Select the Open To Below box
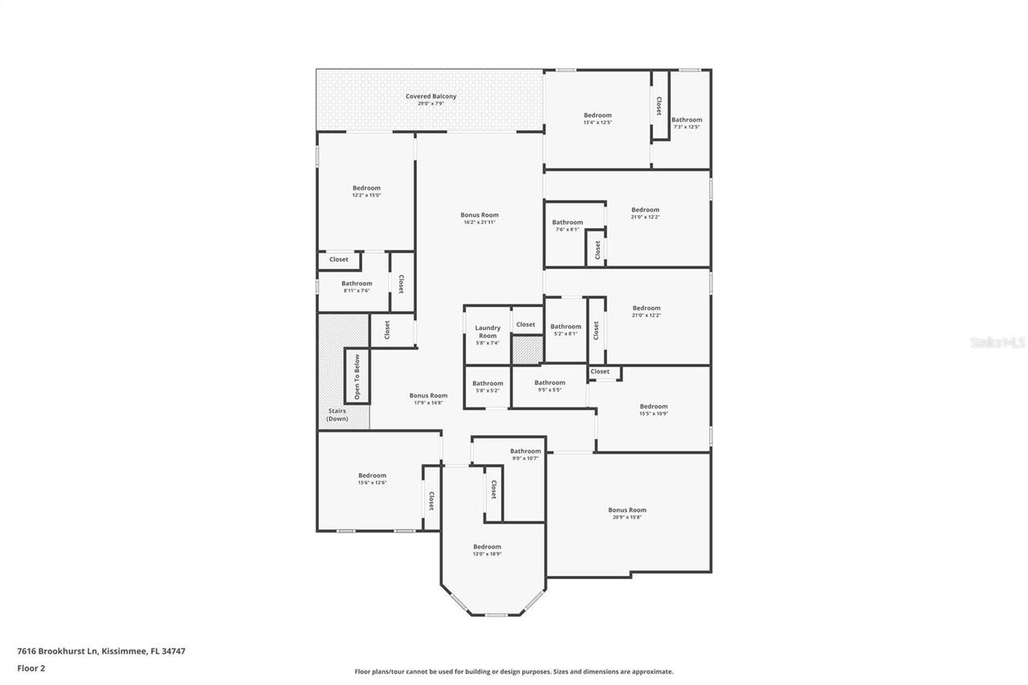(357, 376)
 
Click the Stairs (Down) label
(337, 414)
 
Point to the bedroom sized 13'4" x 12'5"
(598, 119)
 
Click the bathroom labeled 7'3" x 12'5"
(687, 123)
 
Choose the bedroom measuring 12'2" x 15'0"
(366, 191)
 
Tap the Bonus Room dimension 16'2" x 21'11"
(479, 222)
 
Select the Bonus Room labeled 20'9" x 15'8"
(627, 513)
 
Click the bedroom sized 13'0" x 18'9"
(487, 550)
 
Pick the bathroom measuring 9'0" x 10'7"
(525, 455)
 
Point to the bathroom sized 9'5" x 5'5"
(550, 386)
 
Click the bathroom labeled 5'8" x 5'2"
(487, 387)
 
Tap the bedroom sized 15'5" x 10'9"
(654, 410)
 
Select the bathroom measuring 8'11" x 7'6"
(357, 287)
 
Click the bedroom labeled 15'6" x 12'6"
(372, 479)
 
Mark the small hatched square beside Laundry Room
(528, 350)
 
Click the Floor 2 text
(31, 667)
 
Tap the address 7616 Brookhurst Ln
(101, 651)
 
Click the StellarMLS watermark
(997, 342)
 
